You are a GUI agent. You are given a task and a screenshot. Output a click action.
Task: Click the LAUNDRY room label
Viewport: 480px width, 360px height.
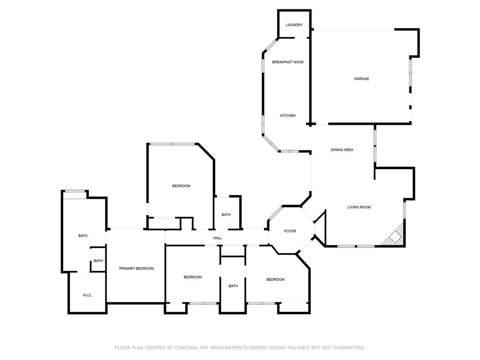point(294,25)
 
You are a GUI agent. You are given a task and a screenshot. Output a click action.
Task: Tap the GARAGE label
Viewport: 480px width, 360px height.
point(361,79)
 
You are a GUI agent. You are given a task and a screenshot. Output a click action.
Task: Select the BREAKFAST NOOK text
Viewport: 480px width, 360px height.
point(288,62)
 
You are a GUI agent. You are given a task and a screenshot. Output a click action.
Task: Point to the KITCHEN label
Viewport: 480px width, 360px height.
point(288,115)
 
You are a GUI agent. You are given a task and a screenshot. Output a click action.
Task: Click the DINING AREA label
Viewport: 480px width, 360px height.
point(342,150)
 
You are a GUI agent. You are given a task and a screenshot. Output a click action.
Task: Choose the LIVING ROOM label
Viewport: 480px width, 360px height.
point(359,207)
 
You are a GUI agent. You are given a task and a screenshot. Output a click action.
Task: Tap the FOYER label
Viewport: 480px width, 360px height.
point(290,231)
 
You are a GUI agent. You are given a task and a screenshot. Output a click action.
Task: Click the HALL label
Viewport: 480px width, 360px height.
point(217,238)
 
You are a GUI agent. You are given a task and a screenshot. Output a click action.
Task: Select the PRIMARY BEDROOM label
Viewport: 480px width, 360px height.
point(136,269)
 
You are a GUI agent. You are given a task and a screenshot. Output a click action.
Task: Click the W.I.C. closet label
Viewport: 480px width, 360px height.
point(87,295)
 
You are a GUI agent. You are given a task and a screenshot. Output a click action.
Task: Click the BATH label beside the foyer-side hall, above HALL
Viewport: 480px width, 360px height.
point(226,215)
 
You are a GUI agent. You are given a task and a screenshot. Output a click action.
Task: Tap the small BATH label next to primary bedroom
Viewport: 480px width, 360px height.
point(98,261)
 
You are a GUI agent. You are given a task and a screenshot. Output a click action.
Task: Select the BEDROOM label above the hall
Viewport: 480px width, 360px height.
point(181,186)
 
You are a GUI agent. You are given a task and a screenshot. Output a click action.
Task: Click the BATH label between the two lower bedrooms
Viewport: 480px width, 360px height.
point(233,286)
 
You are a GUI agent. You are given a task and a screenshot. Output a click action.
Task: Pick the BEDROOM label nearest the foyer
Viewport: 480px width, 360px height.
point(275,280)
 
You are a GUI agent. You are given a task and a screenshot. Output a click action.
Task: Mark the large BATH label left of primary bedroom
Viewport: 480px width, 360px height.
point(82,236)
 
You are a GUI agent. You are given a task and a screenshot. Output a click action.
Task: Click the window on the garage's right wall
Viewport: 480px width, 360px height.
point(410,73)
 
